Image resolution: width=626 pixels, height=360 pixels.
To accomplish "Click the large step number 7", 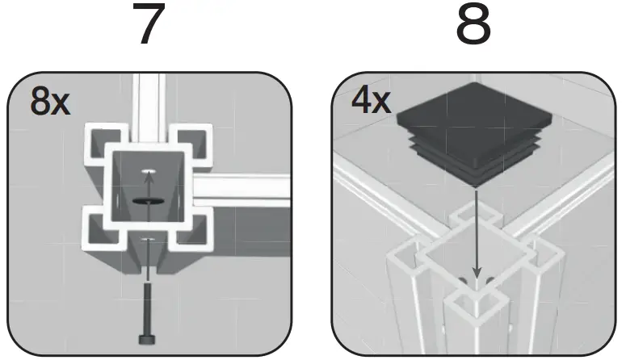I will (x=147, y=26).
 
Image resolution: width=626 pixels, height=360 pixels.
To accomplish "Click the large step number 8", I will (x=473, y=26).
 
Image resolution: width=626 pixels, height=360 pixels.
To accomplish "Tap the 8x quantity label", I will (x=49, y=103).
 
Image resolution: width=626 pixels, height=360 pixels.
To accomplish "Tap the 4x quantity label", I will (x=372, y=102).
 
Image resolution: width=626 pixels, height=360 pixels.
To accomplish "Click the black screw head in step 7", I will (x=146, y=338).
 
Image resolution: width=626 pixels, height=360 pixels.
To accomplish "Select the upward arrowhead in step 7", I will (x=146, y=183).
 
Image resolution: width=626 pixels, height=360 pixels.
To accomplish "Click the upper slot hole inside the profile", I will (x=146, y=172).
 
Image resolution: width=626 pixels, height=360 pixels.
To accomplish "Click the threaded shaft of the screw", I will (x=146, y=307).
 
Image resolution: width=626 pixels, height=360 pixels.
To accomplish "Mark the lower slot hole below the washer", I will (x=146, y=241).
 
